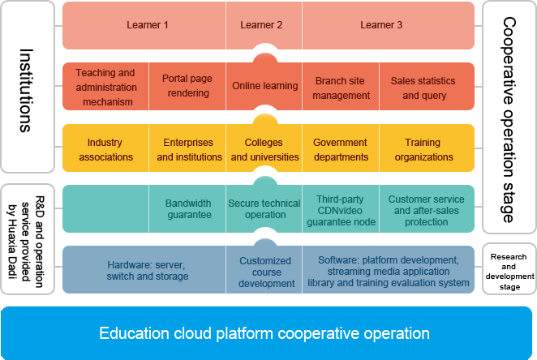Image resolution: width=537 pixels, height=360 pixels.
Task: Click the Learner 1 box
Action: pos(147,25)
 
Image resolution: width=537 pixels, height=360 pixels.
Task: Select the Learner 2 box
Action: pos(262,25)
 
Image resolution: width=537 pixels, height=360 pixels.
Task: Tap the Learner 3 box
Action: pos(381,25)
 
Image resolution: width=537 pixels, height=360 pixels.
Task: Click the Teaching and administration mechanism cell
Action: pos(105,87)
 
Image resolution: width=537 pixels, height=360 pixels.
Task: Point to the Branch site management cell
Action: pos(342,88)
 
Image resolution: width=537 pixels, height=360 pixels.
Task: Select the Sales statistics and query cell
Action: pos(423,88)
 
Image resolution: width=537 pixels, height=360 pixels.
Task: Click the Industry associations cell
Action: pos(105,149)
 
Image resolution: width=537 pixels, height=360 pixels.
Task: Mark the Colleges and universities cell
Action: pos(264,149)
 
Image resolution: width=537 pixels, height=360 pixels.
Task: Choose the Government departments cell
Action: pos(341,149)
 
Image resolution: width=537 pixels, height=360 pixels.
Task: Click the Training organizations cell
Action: pos(423,149)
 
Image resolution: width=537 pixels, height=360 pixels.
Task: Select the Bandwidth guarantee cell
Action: pos(188,209)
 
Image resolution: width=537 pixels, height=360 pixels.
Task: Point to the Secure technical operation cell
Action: pos(265,209)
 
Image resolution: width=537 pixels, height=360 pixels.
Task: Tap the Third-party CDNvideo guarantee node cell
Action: pos(341,209)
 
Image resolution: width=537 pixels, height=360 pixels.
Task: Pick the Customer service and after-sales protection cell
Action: pos(426,210)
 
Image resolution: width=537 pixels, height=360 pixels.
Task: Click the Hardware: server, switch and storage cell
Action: pos(147,270)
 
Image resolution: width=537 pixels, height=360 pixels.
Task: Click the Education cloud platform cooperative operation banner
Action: pos(264,332)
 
